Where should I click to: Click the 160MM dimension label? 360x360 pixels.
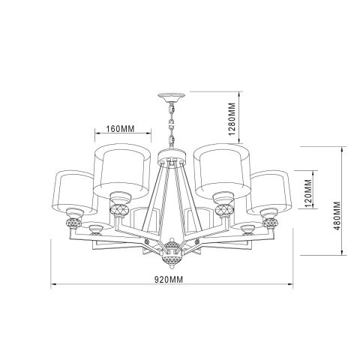click(x=120, y=128)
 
